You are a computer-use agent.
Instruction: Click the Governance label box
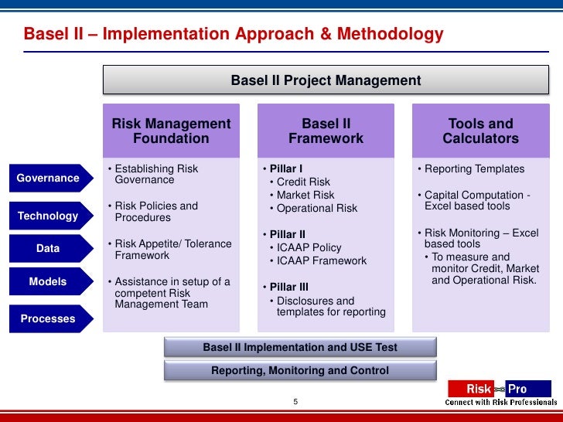click(x=48, y=179)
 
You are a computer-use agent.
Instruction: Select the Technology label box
click(x=48, y=216)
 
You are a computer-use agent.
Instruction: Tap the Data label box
click(x=48, y=249)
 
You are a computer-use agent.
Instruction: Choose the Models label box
click(x=48, y=282)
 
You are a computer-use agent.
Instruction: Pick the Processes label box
click(x=48, y=318)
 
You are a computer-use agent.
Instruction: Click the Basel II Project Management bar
click(x=326, y=80)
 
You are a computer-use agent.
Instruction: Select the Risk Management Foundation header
click(x=171, y=131)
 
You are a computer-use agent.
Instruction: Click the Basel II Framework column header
click(x=326, y=131)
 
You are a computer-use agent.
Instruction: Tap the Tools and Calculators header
click(x=480, y=131)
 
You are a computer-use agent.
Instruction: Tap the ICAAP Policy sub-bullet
click(x=309, y=247)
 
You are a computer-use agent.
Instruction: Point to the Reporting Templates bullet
click(x=474, y=169)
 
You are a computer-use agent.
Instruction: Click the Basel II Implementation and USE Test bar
click(x=300, y=348)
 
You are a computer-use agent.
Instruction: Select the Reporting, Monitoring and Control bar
click(x=300, y=371)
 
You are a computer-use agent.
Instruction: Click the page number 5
click(x=295, y=402)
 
